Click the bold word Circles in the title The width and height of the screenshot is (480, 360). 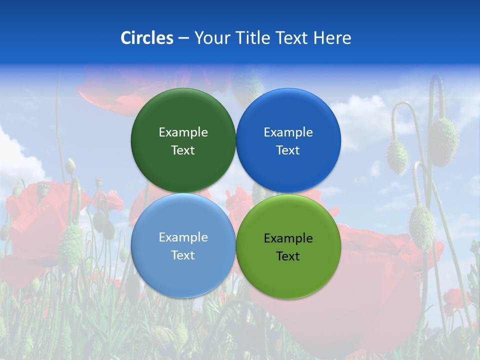coord(147,38)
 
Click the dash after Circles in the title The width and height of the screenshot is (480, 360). coord(183,38)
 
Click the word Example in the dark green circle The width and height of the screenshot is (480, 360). coord(183,132)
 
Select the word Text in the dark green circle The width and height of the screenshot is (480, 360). coord(183,150)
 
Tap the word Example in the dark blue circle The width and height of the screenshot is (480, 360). coord(288,132)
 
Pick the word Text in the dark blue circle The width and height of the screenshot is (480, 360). coord(288,150)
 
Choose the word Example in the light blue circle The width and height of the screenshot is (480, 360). coord(183,237)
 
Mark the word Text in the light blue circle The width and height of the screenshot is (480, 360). coord(183,255)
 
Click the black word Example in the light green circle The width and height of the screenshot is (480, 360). coord(288,238)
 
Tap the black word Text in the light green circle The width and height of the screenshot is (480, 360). coord(288,256)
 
